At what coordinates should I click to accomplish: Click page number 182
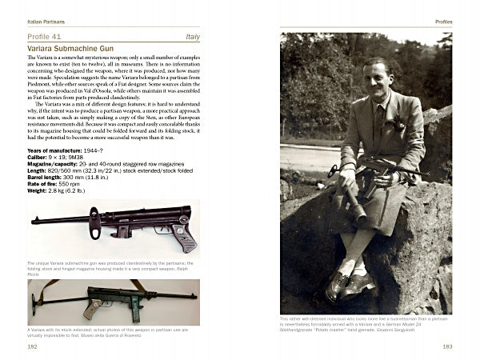coord(33,346)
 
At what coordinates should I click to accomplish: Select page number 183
coord(446,346)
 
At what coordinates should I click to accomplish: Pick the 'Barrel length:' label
coord(48,175)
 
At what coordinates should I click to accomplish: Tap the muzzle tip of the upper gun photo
coord(34,220)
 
